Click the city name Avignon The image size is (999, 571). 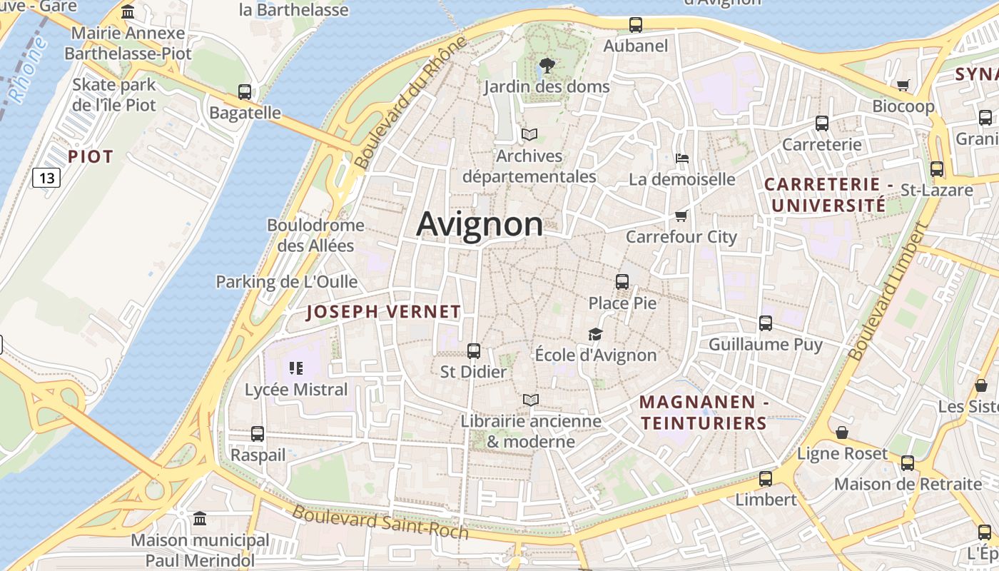[480, 224]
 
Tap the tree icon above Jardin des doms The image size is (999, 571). [547, 66]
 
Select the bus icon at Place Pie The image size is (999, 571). [622, 282]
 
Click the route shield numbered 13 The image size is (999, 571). [46, 177]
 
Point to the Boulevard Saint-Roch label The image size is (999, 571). [380, 522]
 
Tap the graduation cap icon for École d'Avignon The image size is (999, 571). [595, 334]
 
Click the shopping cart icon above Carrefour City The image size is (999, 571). [681, 216]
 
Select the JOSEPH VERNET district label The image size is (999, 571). [383, 312]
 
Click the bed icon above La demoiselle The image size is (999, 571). [682, 158]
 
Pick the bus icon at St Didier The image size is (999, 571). [473, 351]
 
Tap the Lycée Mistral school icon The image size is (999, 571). [296, 368]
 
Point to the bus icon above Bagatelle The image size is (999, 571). [245, 92]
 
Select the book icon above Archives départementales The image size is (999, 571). [529, 134]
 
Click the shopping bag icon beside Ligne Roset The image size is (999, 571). [842, 433]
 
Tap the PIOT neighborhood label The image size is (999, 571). [91, 156]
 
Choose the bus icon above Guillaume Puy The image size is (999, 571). [766, 323]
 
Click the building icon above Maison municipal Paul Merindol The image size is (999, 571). [200, 518]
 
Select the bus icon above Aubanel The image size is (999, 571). [636, 25]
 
